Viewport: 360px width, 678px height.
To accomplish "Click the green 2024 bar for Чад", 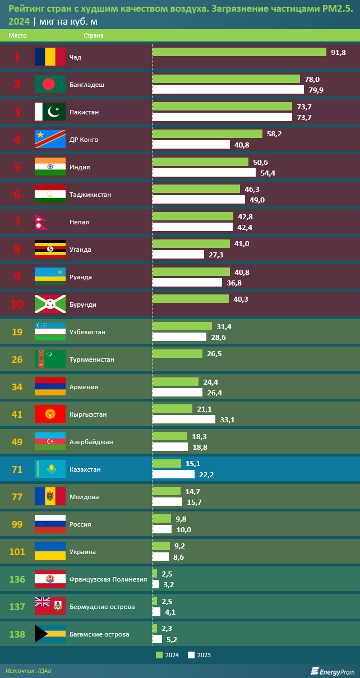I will coord(239,52).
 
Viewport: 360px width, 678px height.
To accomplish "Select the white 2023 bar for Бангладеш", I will coord(228,90).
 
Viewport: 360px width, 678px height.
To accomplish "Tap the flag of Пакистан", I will coord(50,112).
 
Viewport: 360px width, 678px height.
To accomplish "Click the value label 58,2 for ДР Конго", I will coord(274,134).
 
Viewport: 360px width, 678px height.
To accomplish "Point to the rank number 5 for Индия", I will coord(17,167).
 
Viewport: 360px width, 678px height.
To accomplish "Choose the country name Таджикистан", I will coord(90,195).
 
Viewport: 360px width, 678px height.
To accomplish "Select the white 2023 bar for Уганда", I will coord(178,255).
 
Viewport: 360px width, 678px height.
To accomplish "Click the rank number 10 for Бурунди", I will coord(17,305).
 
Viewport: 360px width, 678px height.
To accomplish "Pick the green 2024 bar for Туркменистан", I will coord(177,354).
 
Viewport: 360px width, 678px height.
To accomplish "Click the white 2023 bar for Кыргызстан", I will coord(183,419).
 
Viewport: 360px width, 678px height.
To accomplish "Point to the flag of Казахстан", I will coord(50,469).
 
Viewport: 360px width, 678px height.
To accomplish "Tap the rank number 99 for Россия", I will coord(17,524).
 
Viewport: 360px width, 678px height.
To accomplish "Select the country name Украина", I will coord(82,552).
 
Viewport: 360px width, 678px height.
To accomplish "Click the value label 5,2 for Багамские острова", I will coord(172,639).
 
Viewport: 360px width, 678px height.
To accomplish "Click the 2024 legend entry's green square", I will coord(159,654).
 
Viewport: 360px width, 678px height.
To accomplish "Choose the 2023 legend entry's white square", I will coord(191,654).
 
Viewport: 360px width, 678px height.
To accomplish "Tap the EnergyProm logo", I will coord(333,671).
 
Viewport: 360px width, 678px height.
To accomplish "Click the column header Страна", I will coord(94,35).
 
